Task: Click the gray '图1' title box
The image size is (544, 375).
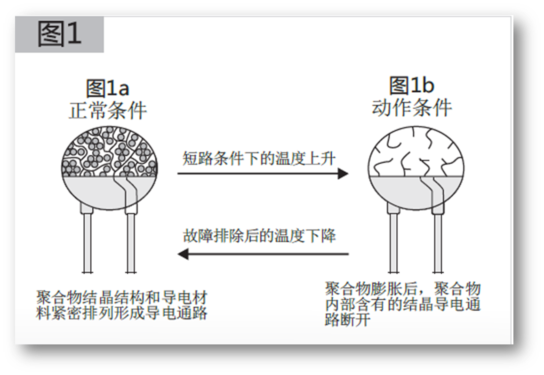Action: (59, 34)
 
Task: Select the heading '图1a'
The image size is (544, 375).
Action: (108, 88)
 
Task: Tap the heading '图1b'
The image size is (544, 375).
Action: (411, 85)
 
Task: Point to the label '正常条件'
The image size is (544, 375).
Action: (108, 111)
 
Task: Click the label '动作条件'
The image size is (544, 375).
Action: (412, 108)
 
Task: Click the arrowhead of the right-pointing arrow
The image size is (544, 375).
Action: (343, 174)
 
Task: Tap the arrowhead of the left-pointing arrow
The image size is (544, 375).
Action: (183, 254)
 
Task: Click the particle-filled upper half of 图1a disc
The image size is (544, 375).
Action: (109, 152)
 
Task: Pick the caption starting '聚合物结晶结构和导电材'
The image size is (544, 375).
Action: (121, 305)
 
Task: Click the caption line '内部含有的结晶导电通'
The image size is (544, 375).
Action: (402, 304)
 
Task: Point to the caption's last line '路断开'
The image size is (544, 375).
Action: (348, 319)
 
